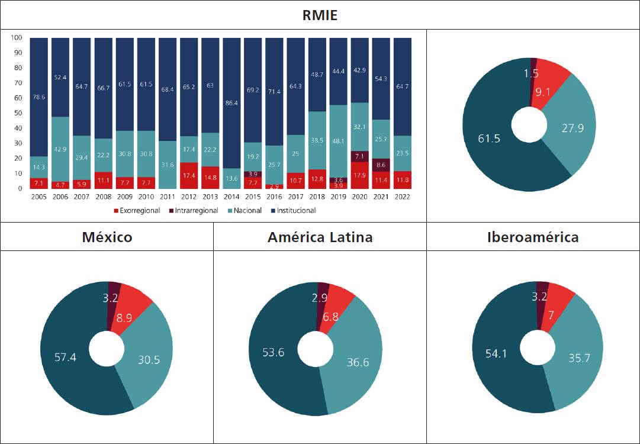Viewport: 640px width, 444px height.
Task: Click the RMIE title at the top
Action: click(320, 15)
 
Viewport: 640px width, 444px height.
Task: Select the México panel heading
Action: click(107, 237)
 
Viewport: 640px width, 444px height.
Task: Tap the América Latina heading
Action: click(320, 237)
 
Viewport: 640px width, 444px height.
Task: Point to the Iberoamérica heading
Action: click(533, 237)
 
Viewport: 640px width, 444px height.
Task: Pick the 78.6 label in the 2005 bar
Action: click(39, 98)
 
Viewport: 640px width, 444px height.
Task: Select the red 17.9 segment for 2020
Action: click(359, 175)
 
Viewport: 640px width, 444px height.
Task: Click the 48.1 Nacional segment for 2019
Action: click(338, 141)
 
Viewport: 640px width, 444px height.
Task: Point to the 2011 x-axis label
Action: click(167, 197)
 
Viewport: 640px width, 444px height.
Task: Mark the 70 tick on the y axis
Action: click(17, 83)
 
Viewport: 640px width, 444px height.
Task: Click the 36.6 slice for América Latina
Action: click(357, 362)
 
